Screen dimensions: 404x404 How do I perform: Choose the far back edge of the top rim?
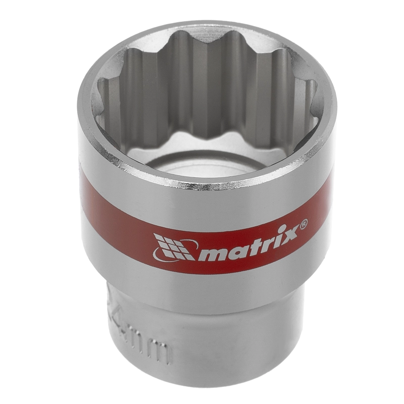[202, 28]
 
